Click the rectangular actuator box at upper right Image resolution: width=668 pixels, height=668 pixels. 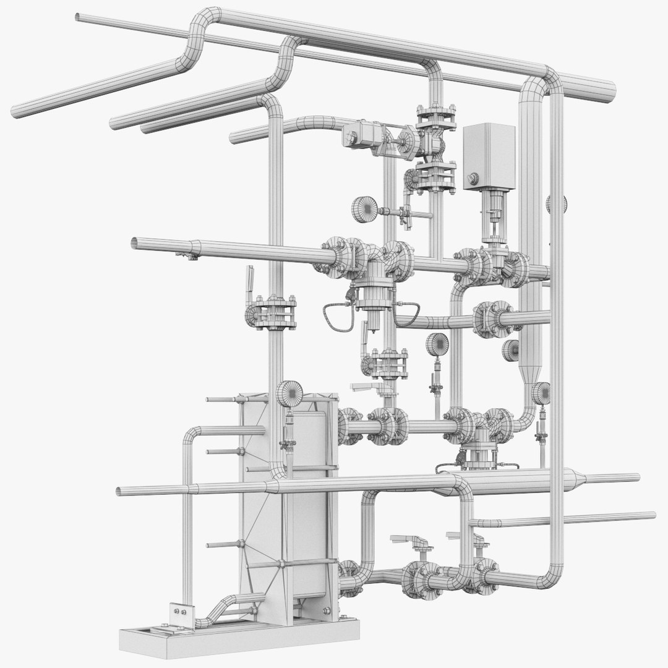(x=489, y=155)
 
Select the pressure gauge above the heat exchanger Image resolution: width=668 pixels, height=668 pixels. (x=289, y=393)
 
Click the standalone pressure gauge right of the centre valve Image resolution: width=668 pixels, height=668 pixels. (x=438, y=344)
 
